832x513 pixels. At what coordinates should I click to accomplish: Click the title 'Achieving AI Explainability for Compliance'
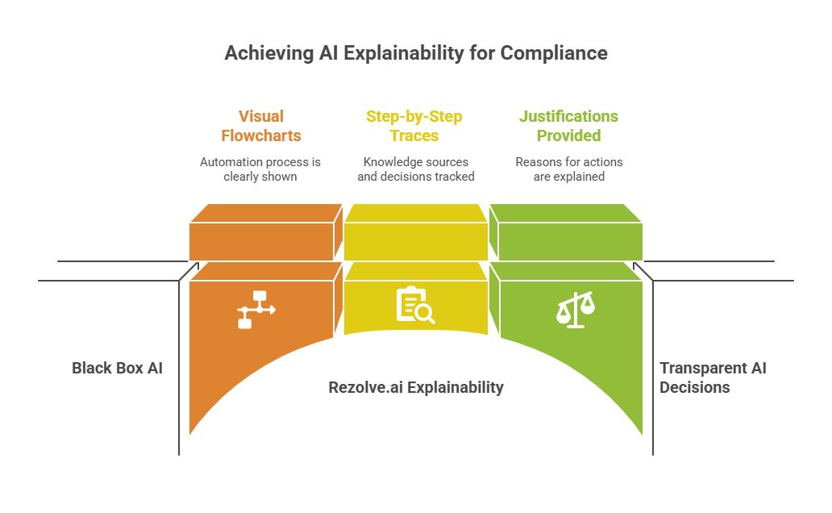tap(415, 53)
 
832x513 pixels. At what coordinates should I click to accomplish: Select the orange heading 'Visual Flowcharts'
tap(260, 126)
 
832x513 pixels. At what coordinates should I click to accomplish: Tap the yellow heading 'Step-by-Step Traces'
tap(414, 126)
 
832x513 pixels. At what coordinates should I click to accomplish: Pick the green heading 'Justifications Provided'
tap(568, 126)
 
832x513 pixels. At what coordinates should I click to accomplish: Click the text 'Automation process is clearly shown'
tap(260, 169)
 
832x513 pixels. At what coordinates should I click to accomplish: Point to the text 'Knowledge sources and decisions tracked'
tap(415, 169)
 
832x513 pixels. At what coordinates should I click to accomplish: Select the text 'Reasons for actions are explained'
tap(568, 169)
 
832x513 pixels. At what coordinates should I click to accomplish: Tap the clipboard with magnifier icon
tap(414, 305)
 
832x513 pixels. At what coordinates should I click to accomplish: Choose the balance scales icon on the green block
tap(576, 309)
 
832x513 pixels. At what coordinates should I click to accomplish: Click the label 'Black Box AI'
tap(117, 368)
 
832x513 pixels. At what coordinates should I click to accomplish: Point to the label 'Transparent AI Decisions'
tap(712, 377)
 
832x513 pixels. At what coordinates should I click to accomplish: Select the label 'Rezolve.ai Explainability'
tap(415, 387)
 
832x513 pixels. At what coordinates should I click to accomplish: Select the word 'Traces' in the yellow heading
tap(414, 136)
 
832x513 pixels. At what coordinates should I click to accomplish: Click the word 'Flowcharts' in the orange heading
tap(260, 136)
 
